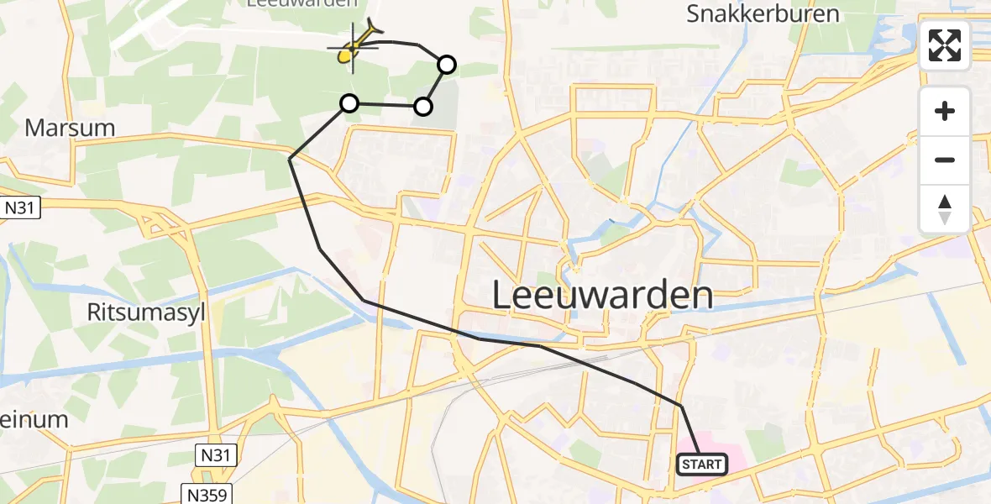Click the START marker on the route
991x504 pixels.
(x=701, y=464)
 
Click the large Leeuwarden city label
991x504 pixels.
(x=601, y=296)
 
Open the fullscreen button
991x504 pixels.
(x=945, y=45)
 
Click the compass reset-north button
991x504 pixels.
(x=945, y=209)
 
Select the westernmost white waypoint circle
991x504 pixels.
(x=349, y=103)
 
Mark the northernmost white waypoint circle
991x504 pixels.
(x=447, y=65)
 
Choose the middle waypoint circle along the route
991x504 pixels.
(x=423, y=106)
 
